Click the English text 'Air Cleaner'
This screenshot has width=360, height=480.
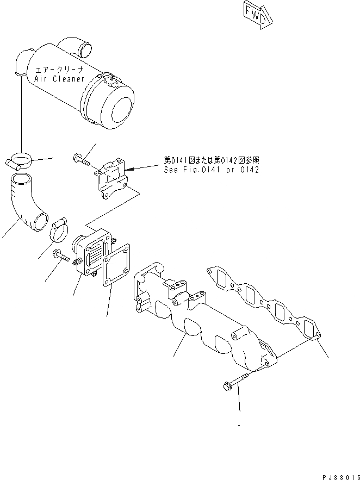pos(59,79)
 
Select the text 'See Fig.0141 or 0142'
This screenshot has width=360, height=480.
pos(211,170)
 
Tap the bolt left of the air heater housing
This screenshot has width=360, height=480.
pos(61,257)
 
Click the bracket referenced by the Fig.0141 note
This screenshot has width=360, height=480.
pos(112,177)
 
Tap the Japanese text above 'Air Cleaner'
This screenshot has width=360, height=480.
pos(60,70)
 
